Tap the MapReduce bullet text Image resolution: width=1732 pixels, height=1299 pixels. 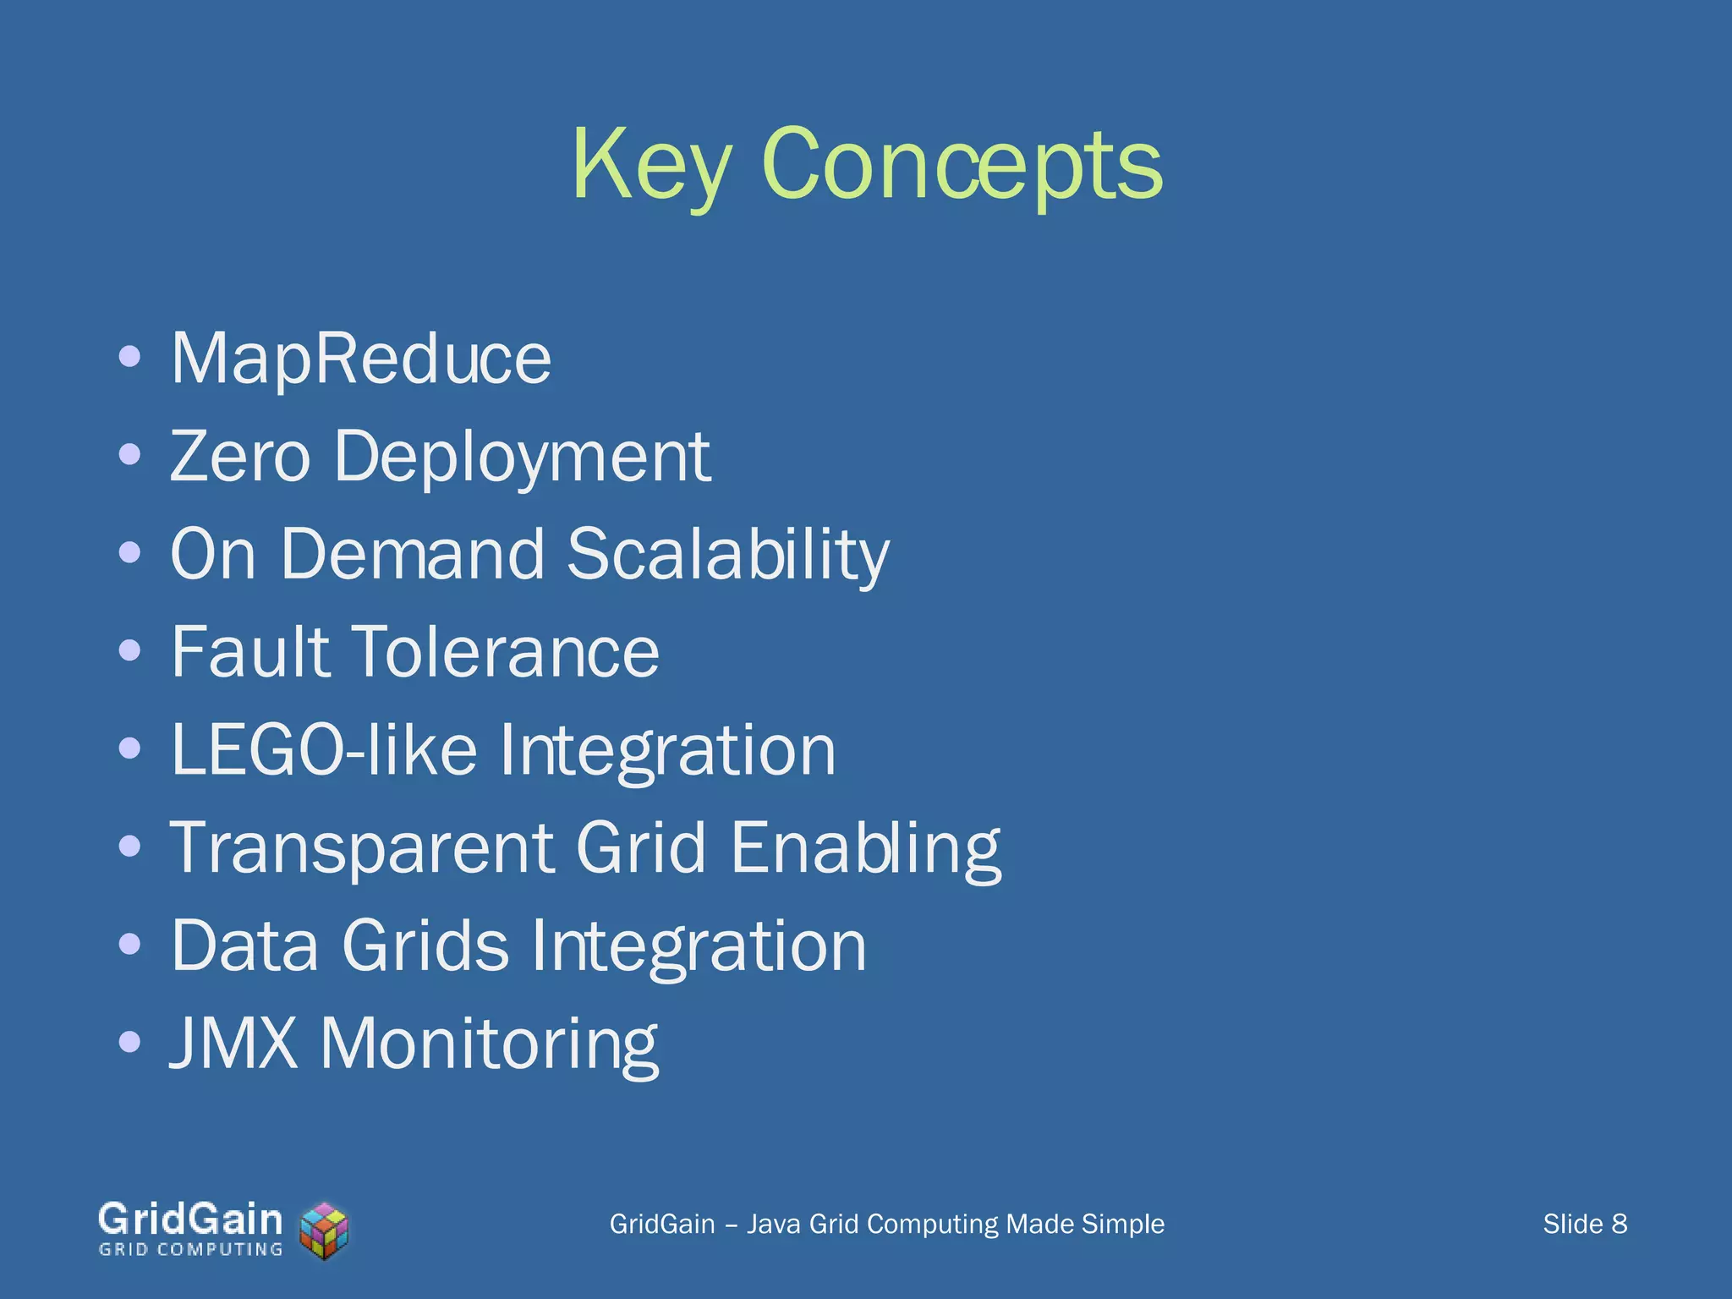361,359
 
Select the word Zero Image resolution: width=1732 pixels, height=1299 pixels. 240,457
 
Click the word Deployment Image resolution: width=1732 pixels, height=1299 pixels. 522,458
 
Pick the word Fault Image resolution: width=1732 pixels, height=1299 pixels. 249,651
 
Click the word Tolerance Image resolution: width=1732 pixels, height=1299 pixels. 505,651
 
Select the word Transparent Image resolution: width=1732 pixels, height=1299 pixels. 362,848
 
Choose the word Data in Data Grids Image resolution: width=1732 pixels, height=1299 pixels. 245,945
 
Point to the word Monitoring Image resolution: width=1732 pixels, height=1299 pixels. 489,1044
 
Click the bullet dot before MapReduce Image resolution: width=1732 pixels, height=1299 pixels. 129,357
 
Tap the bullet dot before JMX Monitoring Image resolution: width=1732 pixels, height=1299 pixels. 129,1041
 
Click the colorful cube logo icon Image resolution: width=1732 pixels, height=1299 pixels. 325,1230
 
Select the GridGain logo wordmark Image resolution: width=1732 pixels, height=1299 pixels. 190,1220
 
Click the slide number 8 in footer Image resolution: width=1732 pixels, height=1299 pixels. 1619,1224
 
